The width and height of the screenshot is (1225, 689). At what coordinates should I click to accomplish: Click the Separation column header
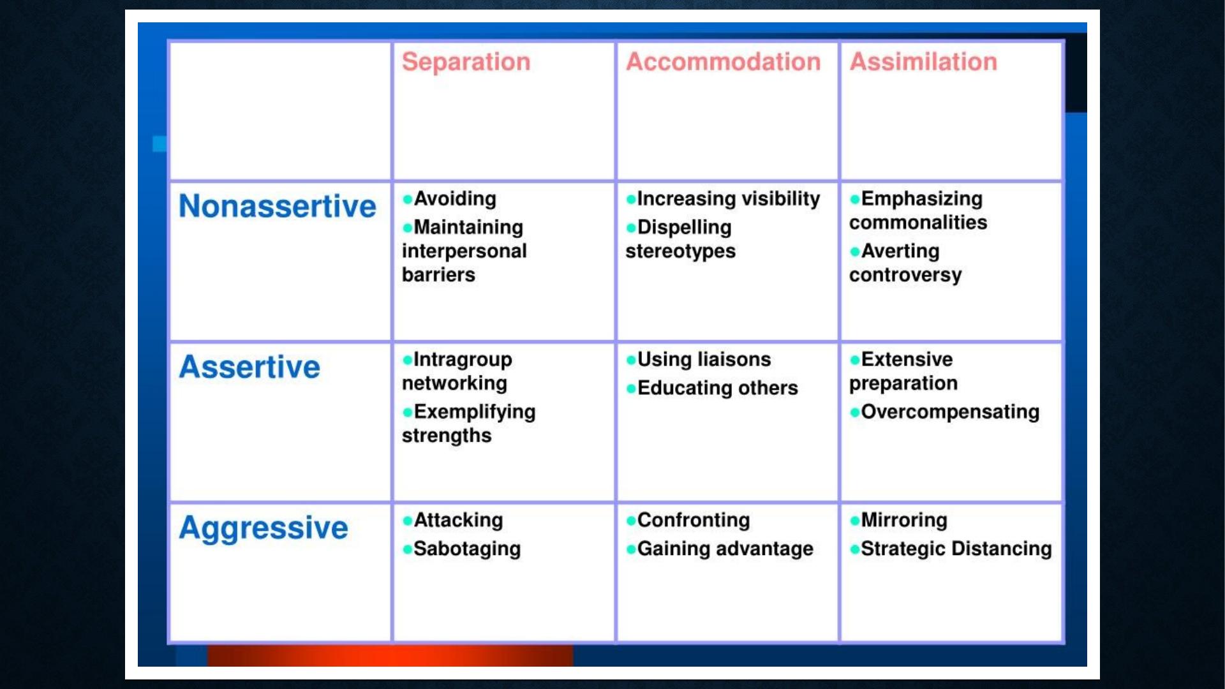click(466, 62)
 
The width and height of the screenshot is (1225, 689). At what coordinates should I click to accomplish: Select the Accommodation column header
click(723, 62)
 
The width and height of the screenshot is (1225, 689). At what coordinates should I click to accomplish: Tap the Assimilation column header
click(923, 62)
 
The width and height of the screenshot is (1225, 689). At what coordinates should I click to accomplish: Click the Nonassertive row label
click(278, 206)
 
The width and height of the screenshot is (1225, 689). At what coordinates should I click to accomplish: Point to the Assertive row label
click(249, 367)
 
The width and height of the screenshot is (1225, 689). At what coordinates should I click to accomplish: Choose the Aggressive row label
click(264, 529)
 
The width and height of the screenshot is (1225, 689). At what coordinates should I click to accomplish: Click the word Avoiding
click(455, 199)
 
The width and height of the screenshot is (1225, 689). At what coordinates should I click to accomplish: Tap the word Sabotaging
click(467, 549)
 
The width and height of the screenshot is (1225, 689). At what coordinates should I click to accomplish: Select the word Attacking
click(458, 521)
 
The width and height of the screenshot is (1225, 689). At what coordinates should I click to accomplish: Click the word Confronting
click(694, 521)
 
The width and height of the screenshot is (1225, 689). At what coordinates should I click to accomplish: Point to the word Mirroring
click(904, 521)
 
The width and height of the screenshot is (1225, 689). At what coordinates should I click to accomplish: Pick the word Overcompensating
click(950, 412)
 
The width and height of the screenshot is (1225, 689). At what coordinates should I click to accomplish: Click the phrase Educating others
click(718, 388)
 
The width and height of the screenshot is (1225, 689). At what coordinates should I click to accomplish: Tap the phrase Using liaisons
click(704, 360)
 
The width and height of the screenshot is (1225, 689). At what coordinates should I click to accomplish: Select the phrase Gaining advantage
click(725, 549)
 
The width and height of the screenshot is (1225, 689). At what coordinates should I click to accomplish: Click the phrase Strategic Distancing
click(956, 549)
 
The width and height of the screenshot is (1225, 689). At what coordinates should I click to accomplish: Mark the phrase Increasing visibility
click(729, 199)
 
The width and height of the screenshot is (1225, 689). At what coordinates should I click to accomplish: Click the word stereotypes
click(680, 252)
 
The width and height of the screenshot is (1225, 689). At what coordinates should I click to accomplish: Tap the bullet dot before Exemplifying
click(407, 413)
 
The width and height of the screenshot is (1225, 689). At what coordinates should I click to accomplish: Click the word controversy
click(905, 276)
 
